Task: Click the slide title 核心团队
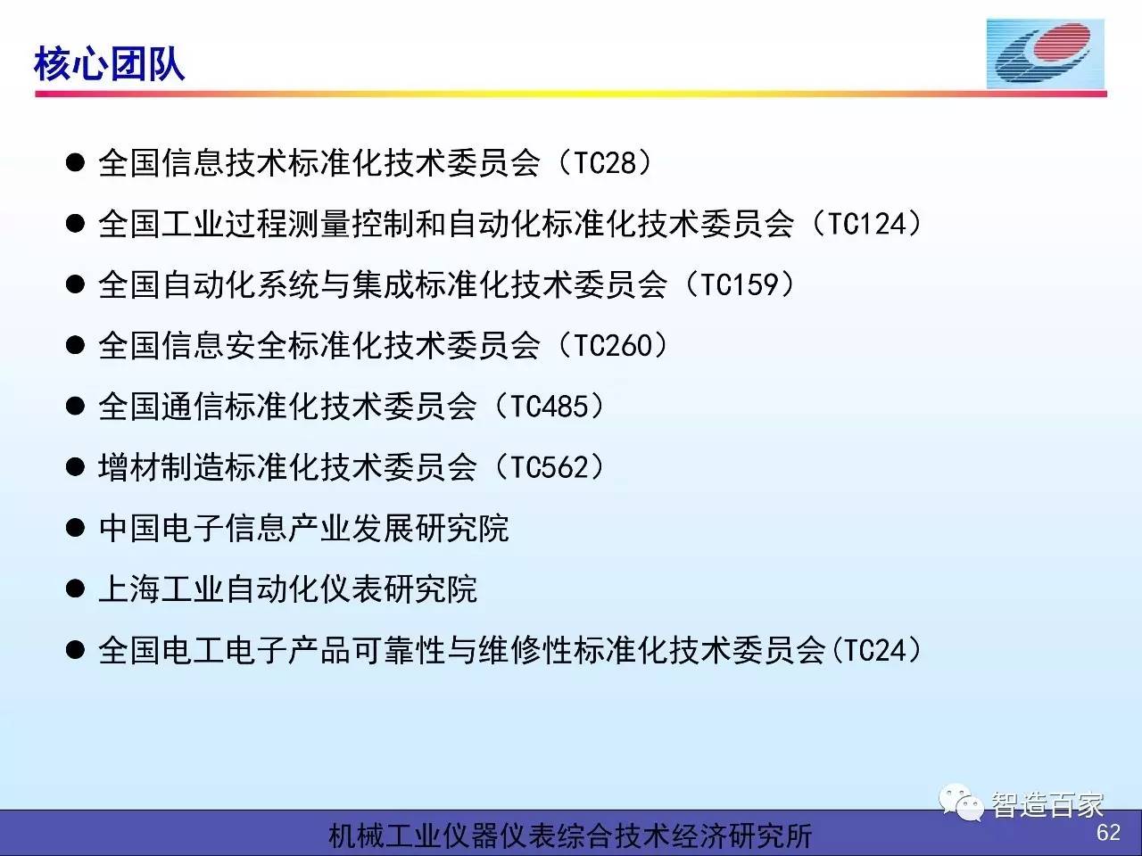pyautogui.click(x=109, y=64)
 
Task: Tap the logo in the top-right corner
pyautogui.click(x=1046, y=54)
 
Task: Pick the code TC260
pyautogui.click(x=613, y=345)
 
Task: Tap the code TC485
pyautogui.click(x=550, y=406)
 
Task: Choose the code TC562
pyautogui.click(x=550, y=466)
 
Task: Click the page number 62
pyautogui.click(x=1108, y=833)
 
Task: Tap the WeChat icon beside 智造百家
pyautogui.click(x=961, y=802)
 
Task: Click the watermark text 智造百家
pyautogui.click(x=1047, y=804)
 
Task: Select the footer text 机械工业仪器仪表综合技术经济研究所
pyautogui.click(x=570, y=835)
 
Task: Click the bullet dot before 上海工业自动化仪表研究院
pyautogui.click(x=76, y=588)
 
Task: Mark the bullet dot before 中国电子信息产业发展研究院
pyautogui.click(x=76, y=528)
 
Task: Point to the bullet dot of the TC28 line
pyautogui.click(x=76, y=162)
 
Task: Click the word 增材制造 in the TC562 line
pyautogui.click(x=161, y=466)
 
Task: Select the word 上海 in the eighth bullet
pyautogui.click(x=129, y=588)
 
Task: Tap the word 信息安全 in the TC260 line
pyautogui.click(x=225, y=345)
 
